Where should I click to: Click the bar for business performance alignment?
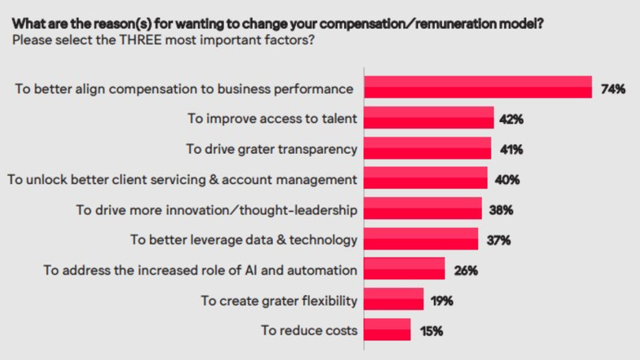pyautogui.click(x=477, y=88)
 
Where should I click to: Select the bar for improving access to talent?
pyautogui.click(x=429, y=118)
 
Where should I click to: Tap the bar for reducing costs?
pyautogui.click(x=387, y=330)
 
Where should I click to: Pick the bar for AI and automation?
pyautogui.click(x=404, y=270)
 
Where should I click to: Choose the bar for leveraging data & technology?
pyautogui.click(x=421, y=239)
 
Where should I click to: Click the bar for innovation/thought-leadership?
pyautogui.click(x=422, y=209)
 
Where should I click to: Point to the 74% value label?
pyautogui.click(x=612, y=88)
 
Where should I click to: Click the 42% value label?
pyautogui.click(x=511, y=119)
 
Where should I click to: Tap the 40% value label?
pyautogui.click(x=507, y=180)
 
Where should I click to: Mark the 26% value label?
pyautogui.click(x=466, y=271)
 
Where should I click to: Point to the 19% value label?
pyautogui.click(x=442, y=301)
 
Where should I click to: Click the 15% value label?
pyautogui.click(x=430, y=331)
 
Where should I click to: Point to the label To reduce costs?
pyautogui.click(x=309, y=331)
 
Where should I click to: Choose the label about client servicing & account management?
pyautogui.click(x=182, y=179)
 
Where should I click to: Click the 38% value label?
pyautogui.click(x=500, y=210)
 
